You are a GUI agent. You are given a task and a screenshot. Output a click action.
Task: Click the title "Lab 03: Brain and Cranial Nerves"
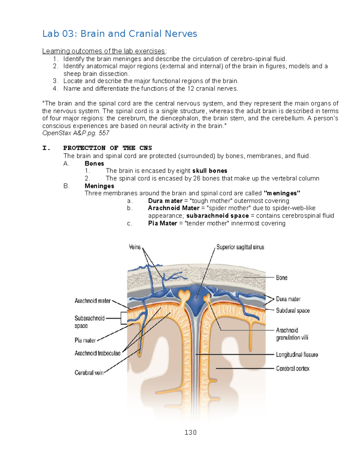click(119, 34)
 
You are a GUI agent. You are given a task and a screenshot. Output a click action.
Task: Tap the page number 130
click(190, 432)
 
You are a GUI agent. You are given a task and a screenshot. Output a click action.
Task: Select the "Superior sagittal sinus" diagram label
click(240, 247)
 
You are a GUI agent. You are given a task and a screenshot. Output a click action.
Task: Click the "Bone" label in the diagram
click(282, 278)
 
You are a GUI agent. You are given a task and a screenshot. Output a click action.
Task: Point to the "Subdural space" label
click(293, 311)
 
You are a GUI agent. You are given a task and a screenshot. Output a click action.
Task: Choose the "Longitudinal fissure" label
click(297, 355)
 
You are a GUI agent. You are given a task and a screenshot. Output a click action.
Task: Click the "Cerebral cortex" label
click(292, 368)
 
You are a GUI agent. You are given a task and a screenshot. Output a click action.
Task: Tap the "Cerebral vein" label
click(89, 373)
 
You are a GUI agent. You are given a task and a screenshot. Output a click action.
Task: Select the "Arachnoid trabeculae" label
click(97, 353)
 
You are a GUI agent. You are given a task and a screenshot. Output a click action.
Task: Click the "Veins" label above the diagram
click(135, 247)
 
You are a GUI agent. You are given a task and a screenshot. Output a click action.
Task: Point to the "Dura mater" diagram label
click(288, 299)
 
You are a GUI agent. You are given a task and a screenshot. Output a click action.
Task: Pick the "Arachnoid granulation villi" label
click(292, 334)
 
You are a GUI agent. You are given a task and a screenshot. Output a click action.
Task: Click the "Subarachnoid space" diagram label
click(89, 322)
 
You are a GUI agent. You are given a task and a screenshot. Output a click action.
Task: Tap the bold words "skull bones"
click(210, 171)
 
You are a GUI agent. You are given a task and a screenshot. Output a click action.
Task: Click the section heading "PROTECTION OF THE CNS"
click(107, 148)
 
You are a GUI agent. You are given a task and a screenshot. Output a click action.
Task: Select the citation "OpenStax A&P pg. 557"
click(76, 133)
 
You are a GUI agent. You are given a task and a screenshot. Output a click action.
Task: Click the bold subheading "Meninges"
click(99, 186)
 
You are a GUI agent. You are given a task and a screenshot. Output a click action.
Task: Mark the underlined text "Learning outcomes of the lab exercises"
click(103, 51)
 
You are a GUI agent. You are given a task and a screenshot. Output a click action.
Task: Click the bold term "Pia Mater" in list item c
click(162, 223)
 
